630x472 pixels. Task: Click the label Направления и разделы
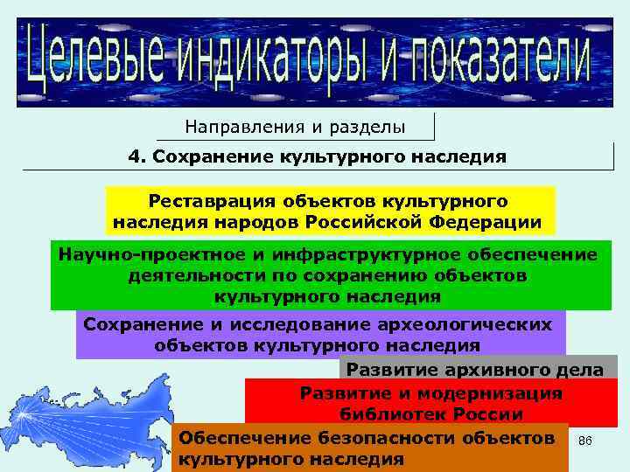click(295, 127)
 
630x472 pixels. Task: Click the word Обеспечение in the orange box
click(233, 436)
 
